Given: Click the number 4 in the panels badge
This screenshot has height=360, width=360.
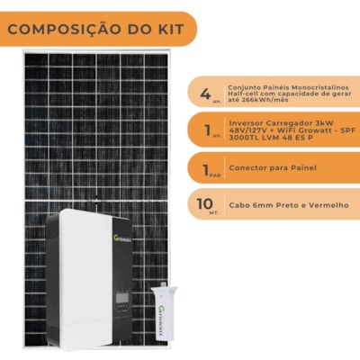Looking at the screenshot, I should (206, 91).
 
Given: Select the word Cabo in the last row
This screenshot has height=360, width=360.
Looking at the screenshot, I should (239, 205).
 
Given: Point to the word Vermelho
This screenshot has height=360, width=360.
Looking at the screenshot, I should (328, 205).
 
